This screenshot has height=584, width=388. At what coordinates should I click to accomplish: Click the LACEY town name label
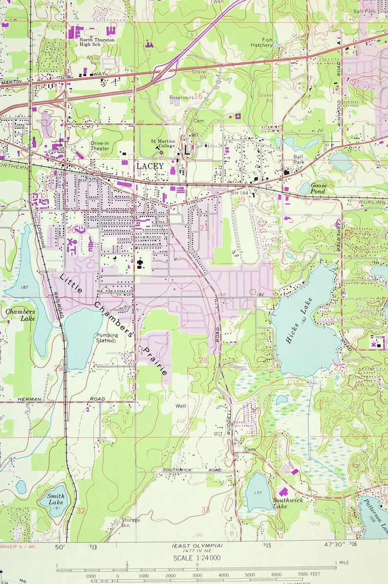click(x=150, y=166)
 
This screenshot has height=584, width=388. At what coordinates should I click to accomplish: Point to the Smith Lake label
click(x=56, y=498)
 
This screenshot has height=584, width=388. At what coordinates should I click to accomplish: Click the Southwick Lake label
click(x=288, y=503)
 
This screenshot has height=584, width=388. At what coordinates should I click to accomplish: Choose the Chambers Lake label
click(x=21, y=314)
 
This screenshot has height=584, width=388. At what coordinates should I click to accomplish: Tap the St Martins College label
click(x=162, y=143)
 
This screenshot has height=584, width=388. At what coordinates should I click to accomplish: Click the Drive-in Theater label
click(x=100, y=145)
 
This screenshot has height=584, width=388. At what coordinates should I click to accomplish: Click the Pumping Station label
click(x=107, y=338)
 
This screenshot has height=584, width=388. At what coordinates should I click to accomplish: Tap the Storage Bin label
click(x=130, y=523)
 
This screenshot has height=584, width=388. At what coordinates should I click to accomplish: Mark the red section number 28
click(x=203, y=360)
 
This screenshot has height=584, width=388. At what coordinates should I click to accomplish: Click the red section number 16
click(x=198, y=96)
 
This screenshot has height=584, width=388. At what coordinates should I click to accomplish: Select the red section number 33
click(x=205, y=510)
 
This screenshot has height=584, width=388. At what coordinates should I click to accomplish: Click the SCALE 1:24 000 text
click(x=196, y=558)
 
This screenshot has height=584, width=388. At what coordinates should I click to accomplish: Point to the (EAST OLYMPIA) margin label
click(x=197, y=545)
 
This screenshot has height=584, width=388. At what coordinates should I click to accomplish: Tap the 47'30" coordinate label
click(x=333, y=544)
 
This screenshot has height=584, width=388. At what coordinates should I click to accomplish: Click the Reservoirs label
click(x=181, y=97)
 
